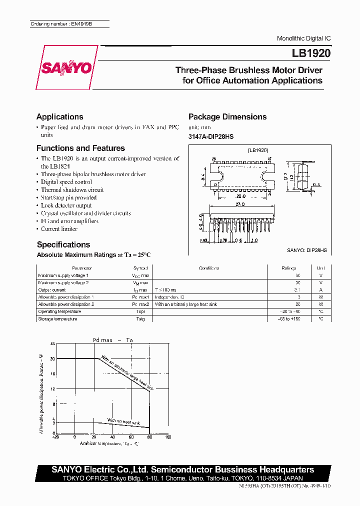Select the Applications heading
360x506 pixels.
point(60,117)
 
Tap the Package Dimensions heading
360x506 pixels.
point(227,117)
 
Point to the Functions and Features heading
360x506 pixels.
point(80,148)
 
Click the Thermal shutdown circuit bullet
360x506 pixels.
point(72,190)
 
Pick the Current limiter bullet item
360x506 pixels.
point(59,229)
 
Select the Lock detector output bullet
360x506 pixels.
point(66,205)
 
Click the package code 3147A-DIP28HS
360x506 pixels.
point(211,137)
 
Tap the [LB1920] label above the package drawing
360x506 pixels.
point(258,150)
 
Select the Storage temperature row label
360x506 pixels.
point(57,319)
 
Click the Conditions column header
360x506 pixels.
point(209,268)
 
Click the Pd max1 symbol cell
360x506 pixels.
point(140,297)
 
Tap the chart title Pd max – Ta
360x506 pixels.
point(113,340)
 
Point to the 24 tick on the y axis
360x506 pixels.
point(52,344)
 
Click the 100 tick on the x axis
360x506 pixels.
point(167,437)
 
